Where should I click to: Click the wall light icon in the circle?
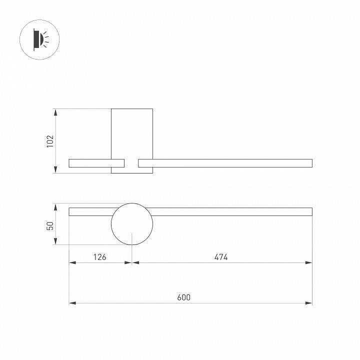[39, 39]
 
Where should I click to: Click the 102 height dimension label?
[49, 141]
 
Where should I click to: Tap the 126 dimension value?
[100, 257]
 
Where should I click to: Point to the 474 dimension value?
[221, 257]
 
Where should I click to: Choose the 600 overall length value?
[184, 297]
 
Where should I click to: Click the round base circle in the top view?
[131, 224]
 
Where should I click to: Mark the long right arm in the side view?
[225, 163]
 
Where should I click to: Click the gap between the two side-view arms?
[131, 163]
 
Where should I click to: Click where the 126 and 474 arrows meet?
[131, 262]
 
